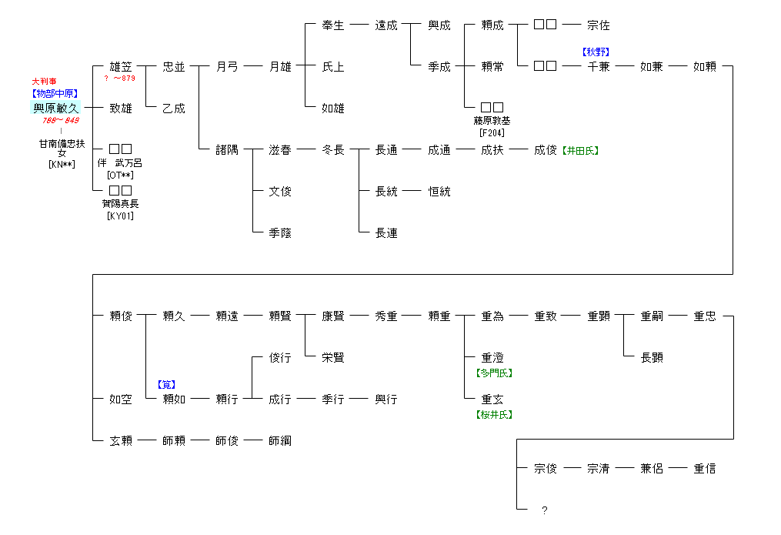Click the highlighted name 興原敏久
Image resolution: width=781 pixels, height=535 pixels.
click(x=55, y=109)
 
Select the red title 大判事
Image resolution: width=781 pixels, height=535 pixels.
click(x=44, y=81)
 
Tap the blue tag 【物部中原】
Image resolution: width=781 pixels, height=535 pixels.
click(x=55, y=94)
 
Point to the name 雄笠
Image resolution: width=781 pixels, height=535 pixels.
click(x=121, y=67)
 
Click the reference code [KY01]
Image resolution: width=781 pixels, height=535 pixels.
click(x=120, y=216)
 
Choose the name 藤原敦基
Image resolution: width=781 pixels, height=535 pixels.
click(x=492, y=121)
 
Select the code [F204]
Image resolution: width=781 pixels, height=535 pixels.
click(x=492, y=132)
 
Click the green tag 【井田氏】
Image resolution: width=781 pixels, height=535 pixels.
click(x=580, y=151)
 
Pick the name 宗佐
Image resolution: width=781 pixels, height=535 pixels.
click(x=599, y=25)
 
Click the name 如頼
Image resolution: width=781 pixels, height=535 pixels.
click(x=705, y=67)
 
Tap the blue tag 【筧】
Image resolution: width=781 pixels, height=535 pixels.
click(x=168, y=384)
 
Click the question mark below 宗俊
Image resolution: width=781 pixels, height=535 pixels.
click(x=545, y=510)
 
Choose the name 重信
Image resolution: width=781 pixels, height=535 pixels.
click(x=705, y=469)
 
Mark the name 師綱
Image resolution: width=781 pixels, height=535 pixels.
click(x=280, y=441)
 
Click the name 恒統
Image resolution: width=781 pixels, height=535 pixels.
click(x=439, y=192)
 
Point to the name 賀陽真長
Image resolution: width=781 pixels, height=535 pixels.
click(x=120, y=204)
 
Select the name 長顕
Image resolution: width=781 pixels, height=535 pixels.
click(x=652, y=358)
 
